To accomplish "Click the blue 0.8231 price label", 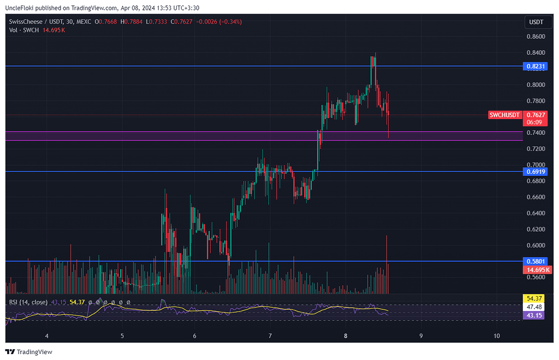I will (534, 66).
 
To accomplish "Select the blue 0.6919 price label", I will (534, 172).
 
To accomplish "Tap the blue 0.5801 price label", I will (534, 262).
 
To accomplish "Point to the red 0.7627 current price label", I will (534, 115).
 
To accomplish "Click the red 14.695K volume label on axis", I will (534, 270).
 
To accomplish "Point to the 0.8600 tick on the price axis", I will (534, 37).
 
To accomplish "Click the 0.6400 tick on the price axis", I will (534, 213).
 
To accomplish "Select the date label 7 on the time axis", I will (270, 336).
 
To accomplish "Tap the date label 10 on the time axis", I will (497, 336).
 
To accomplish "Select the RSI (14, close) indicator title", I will (28, 302).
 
